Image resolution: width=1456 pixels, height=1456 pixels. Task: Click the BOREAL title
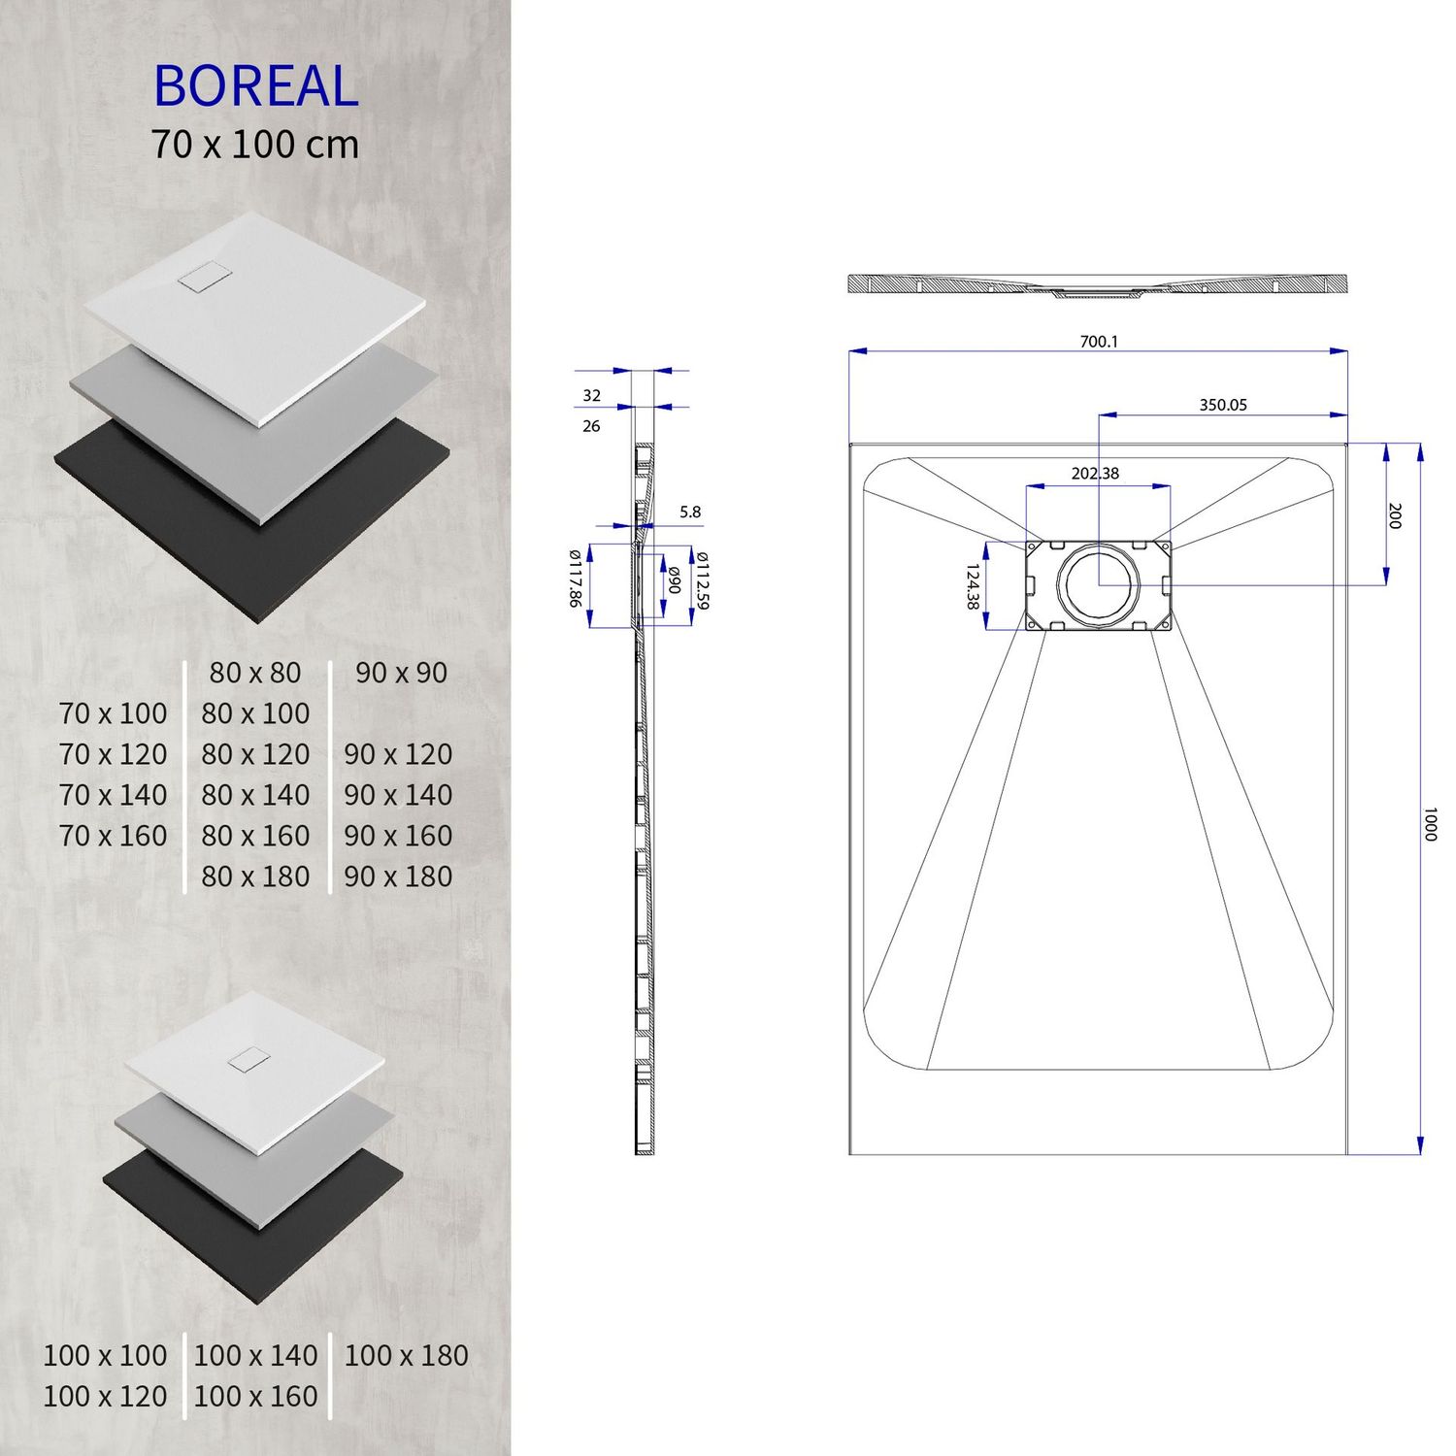[256, 86]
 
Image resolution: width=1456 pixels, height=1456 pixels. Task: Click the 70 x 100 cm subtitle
[255, 145]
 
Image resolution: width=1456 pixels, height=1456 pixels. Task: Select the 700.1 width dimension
[1099, 342]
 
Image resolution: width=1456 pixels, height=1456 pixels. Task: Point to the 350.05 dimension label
[1222, 405]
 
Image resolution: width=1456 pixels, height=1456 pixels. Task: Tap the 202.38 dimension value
[1095, 474]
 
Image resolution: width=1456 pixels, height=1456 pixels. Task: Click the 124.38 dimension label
[972, 586]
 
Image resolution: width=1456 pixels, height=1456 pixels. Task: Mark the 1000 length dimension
[1429, 823]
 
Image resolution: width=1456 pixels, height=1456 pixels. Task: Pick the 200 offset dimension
[1395, 515]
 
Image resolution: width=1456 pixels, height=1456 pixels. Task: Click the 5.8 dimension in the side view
[690, 512]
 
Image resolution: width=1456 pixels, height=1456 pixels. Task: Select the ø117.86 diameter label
[575, 579]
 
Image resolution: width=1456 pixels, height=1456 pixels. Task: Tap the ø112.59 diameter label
[703, 580]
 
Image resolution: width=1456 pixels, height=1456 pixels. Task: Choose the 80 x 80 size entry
[255, 673]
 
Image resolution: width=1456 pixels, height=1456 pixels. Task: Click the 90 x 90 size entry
[401, 673]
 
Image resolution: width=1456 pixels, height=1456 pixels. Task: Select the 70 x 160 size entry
[113, 836]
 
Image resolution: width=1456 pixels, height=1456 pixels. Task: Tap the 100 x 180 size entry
[406, 1356]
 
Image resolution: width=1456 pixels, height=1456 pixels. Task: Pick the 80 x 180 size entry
[255, 877]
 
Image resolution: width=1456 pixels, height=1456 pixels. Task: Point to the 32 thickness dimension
[591, 395]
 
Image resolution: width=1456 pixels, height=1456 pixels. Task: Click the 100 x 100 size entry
[105, 1356]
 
